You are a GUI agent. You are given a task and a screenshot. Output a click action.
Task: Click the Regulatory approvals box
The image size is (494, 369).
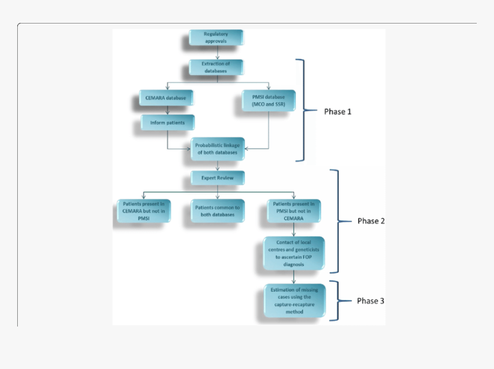coord(216,37)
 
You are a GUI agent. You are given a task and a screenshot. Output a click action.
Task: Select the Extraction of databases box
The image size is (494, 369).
coord(216,67)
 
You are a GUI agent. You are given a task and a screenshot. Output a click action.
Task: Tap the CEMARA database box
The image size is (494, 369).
coord(166,98)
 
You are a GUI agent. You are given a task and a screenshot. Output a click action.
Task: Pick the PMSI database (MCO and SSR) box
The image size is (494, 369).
coord(269,100)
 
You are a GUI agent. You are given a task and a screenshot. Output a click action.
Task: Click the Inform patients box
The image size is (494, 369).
coord(168,122)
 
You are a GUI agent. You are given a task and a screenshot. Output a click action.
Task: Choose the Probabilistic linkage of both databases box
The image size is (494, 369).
coord(218,149)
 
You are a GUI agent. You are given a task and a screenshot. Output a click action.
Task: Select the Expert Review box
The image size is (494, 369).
coord(218,178)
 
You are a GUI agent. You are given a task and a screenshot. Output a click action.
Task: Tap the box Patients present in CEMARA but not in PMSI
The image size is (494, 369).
coord(144,211)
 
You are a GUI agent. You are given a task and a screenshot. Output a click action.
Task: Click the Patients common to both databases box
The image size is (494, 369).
coord(218,211)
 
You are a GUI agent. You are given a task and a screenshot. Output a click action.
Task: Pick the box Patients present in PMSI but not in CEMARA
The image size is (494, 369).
coord(294,211)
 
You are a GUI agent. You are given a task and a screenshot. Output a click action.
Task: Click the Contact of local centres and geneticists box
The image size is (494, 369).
coord(294,253)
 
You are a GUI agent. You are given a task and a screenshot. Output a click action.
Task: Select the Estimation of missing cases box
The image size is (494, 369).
coord(295,301)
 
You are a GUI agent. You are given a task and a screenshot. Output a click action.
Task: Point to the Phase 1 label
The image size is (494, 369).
coord(338,111)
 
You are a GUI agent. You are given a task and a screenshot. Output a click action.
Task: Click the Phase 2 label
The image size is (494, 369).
coord(371,221)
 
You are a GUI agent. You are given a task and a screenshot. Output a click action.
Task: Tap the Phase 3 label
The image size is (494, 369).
coord(370,301)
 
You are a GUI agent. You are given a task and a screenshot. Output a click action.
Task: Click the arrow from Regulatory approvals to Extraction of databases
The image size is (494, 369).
coord(217,52)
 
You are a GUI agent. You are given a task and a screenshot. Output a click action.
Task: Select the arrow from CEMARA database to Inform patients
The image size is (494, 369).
coord(168,110)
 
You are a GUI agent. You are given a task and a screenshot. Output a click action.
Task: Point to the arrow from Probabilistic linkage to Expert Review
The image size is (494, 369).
coord(218,166)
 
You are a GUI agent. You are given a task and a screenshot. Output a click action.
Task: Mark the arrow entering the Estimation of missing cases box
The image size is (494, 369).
coord(294,277)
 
